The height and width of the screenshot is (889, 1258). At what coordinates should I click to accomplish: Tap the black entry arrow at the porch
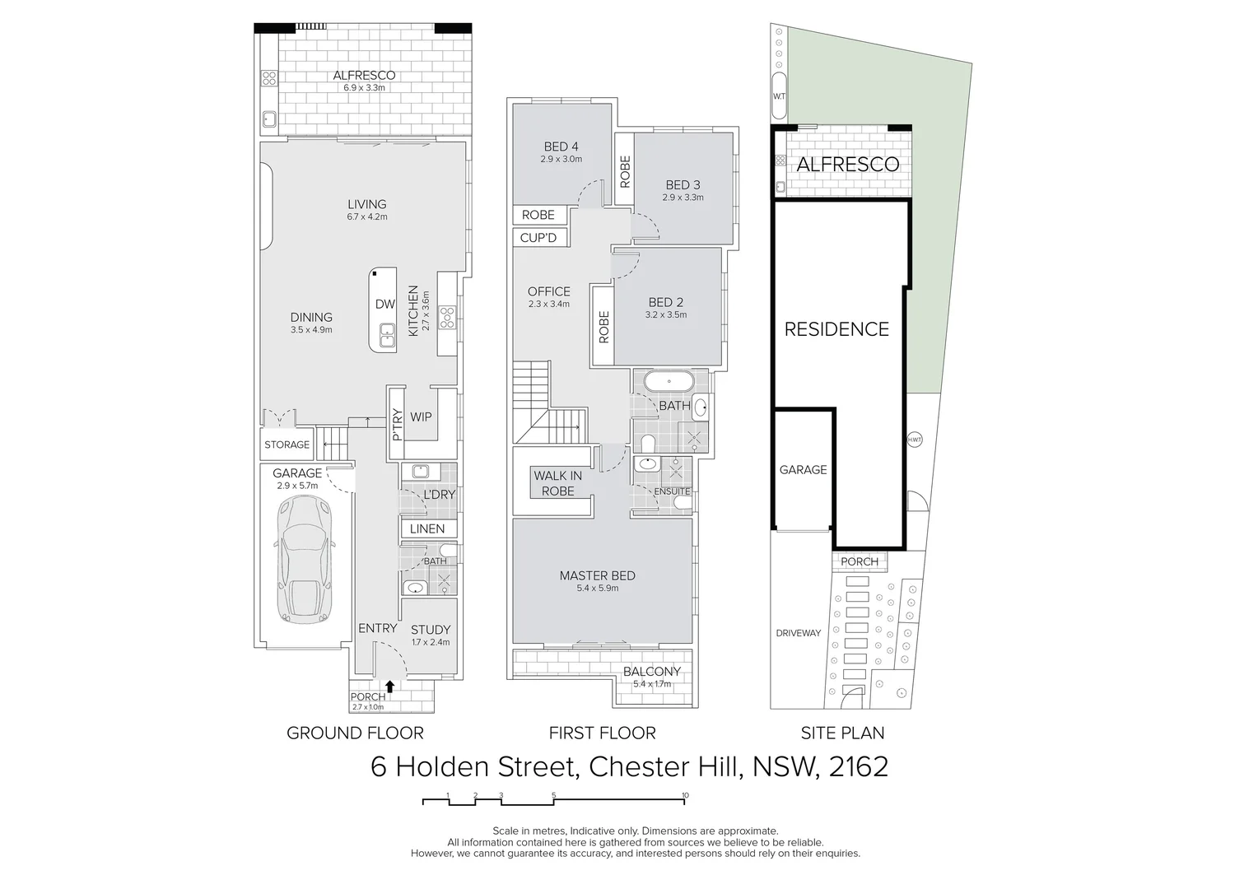coord(390,685)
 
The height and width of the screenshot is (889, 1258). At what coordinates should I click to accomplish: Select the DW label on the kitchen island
coord(385,304)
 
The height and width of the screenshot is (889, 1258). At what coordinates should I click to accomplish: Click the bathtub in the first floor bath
coord(668,381)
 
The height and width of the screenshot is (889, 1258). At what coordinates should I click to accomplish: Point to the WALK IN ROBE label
coord(557,483)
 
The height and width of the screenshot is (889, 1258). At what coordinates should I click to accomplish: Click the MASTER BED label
coord(597,575)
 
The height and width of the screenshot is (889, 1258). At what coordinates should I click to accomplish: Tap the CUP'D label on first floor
coord(538,238)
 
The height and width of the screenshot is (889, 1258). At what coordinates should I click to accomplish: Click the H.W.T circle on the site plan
coord(915,440)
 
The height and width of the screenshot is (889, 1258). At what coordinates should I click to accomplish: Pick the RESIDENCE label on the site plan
coord(836,329)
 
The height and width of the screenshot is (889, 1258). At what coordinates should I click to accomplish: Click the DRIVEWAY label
coord(798,633)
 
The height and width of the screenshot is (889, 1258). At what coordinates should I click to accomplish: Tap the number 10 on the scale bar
coord(685,796)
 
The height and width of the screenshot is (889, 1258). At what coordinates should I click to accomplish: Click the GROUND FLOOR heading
coord(355,733)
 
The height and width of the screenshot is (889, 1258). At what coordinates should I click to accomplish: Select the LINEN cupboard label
coord(426,528)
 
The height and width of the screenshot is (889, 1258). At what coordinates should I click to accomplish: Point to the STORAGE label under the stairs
coord(287,444)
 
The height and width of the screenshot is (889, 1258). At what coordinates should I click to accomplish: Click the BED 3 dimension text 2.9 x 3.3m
coord(683,198)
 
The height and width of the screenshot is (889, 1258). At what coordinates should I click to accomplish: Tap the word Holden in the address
coord(482,766)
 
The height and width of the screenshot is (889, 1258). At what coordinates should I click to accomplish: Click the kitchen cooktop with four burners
coord(447,317)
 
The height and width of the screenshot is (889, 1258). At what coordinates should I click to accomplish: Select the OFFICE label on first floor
coord(548,291)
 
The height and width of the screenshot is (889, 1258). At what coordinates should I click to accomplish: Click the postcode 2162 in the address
coord(858,766)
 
